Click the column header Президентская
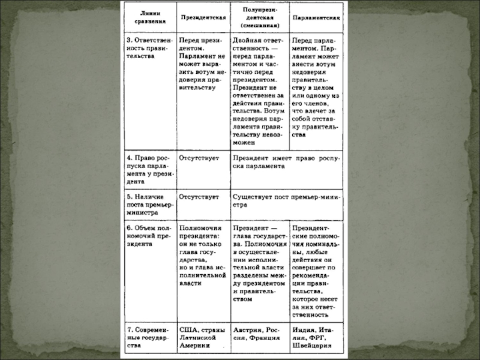[x=202, y=17]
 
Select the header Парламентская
[x=316, y=17]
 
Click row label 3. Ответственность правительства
[x=148, y=46]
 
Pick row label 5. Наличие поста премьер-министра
[x=148, y=204]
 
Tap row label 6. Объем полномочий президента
[x=148, y=235]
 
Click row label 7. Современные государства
[x=148, y=337]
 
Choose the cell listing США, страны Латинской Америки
[x=202, y=337]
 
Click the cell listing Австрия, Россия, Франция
[x=259, y=334]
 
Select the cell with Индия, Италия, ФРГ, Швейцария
[x=316, y=337]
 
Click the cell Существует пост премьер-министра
[x=286, y=200]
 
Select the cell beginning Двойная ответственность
[x=259, y=90]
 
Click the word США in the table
[x=188, y=329]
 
